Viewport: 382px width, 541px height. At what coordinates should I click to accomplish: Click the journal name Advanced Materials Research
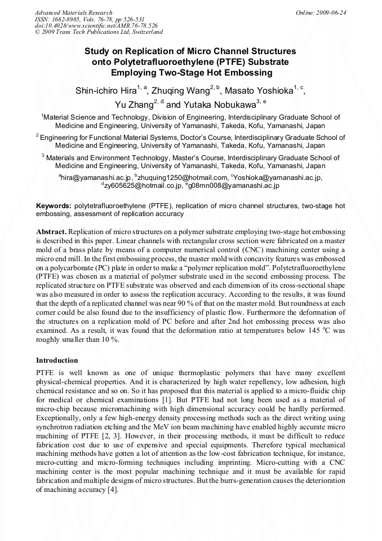[73, 12]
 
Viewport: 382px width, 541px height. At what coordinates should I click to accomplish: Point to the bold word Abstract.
[51, 232]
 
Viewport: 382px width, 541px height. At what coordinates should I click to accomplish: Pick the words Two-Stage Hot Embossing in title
[192, 73]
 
